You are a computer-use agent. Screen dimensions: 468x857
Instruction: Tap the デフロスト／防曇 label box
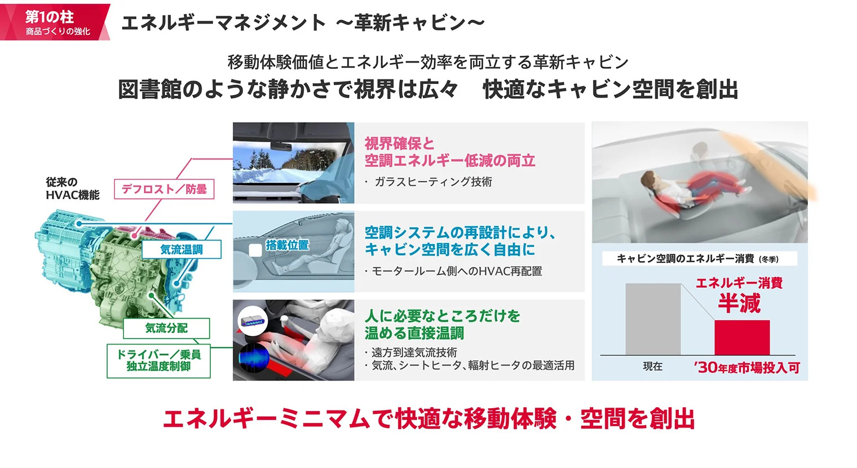click(x=164, y=189)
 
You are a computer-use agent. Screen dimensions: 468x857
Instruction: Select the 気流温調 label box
click(x=181, y=249)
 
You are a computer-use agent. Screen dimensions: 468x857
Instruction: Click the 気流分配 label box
click(x=166, y=328)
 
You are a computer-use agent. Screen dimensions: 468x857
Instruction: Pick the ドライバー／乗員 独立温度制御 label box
click(x=158, y=361)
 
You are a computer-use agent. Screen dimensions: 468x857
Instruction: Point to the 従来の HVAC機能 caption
click(x=72, y=188)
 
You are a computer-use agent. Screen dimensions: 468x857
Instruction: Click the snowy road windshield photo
click(x=293, y=162)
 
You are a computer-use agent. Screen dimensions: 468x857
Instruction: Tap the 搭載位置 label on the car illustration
click(x=287, y=245)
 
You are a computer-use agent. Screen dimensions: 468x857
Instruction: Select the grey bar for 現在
click(x=653, y=319)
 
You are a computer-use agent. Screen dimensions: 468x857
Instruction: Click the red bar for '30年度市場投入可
click(x=741, y=337)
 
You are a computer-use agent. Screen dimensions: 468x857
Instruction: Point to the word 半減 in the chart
click(x=739, y=304)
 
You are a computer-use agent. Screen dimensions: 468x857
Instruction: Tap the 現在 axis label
click(x=653, y=367)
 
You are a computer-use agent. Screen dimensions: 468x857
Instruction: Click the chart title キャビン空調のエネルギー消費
click(x=685, y=258)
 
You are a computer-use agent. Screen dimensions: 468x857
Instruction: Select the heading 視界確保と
click(x=399, y=144)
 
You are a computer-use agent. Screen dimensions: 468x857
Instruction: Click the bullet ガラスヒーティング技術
click(x=433, y=182)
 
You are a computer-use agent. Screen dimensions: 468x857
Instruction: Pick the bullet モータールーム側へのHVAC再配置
click(x=457, y=271)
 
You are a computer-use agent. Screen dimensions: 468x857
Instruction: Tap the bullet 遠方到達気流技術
click(x=414, y=352)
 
